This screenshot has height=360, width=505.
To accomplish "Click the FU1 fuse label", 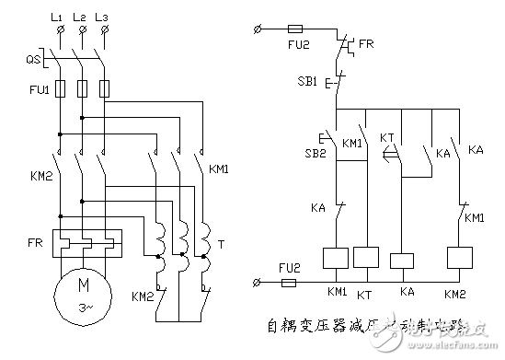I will (30, 90).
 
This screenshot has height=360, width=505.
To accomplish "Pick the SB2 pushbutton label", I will (316, 154).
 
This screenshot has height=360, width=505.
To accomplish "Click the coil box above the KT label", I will (365, 258).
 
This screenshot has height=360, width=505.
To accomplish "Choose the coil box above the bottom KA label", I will (403, 259).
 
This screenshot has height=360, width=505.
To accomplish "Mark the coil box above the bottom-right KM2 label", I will (458, 258).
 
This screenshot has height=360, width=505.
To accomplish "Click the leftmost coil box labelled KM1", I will (336, 258).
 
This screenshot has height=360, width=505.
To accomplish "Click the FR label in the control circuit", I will (367, 42).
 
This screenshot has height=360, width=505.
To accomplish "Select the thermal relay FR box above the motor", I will (84, 243).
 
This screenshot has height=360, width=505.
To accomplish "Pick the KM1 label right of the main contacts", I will (218, 168).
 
